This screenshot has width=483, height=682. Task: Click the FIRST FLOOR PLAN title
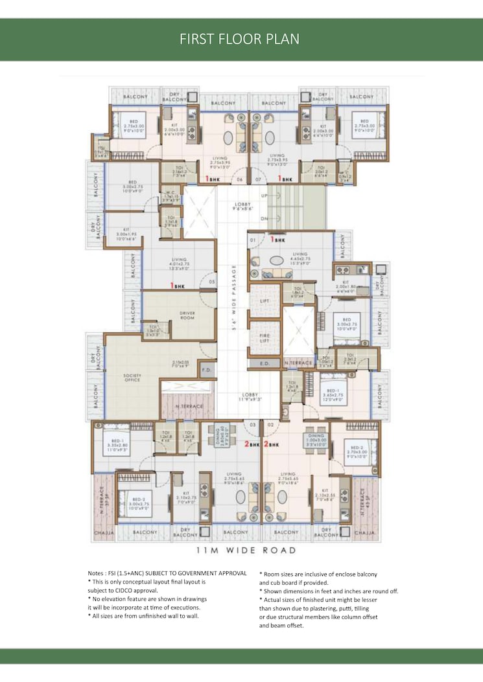[240, 39]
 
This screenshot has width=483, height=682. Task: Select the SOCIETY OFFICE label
[132, 378]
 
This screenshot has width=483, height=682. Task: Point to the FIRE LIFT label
[265, 337]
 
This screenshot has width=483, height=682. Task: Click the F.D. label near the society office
[207, 370]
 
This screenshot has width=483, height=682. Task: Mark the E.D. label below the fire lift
[265, 364]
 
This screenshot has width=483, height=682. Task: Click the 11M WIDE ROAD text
[246, 550]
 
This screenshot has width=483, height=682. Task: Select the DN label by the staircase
[263, 219]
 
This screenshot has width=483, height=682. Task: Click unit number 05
[211, 282]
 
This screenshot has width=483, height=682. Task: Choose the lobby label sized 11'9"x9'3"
[250, 397]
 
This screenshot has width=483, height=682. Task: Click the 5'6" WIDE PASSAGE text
[234, 298]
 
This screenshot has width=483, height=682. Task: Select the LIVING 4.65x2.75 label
[300, 257]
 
